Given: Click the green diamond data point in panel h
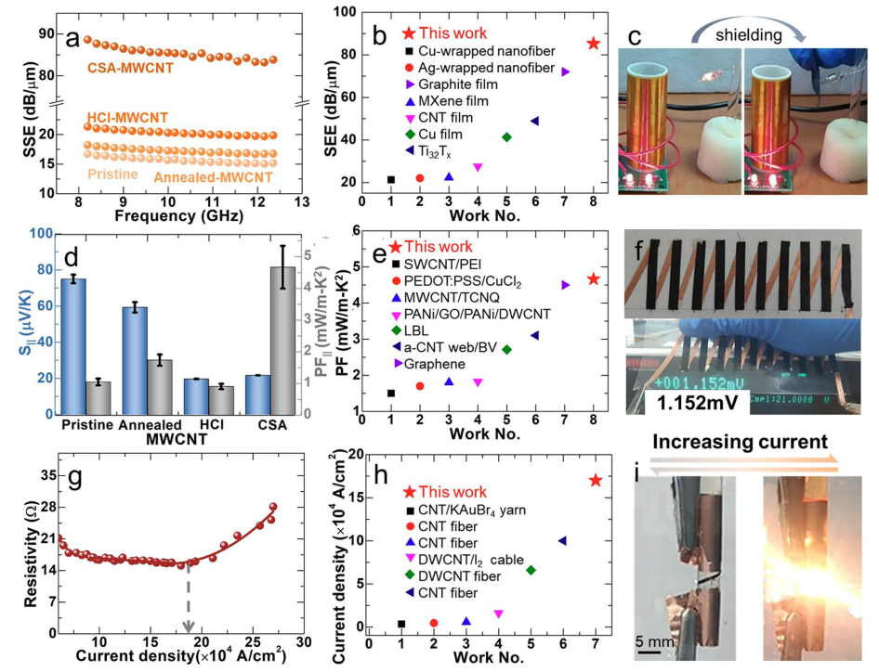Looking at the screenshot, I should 531,570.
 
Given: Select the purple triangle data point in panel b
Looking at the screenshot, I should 565,71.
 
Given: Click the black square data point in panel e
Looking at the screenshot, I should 390,393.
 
